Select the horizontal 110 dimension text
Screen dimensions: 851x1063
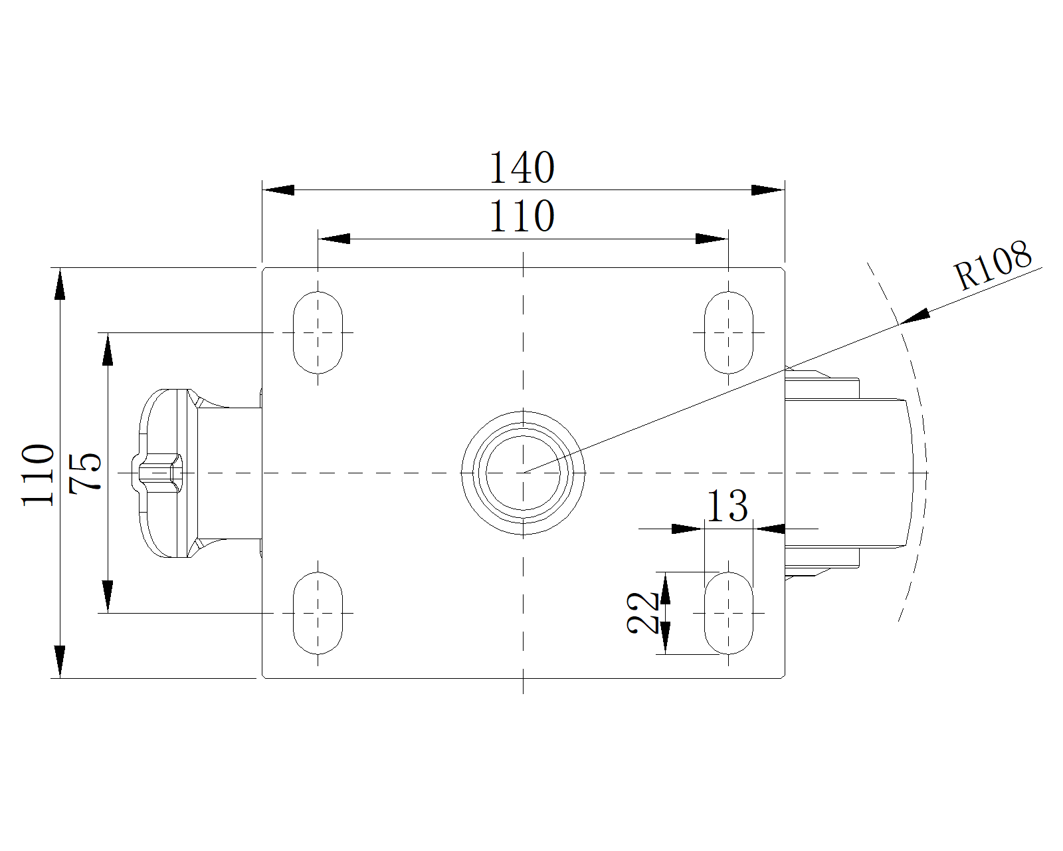coord(522,216)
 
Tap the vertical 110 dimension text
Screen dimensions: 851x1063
coord(38,474)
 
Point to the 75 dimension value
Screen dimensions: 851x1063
coord(86,472)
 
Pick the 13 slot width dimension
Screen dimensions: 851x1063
coord(727,506)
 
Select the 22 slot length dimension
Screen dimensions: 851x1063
coord(642,612)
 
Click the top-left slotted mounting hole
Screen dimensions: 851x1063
coord(318,332)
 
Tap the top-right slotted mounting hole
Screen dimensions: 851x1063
coord(728,332)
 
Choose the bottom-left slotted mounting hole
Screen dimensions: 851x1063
coord(318,612)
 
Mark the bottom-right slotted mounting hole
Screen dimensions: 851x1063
coord(728,612)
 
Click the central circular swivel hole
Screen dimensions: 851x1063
coord(524,473)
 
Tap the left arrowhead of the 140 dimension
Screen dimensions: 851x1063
coord(279,190)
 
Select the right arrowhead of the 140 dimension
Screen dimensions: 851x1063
coord(768,190)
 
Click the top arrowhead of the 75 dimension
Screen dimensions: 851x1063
coord(107,350)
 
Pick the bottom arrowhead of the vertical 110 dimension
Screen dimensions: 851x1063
coord(60,661)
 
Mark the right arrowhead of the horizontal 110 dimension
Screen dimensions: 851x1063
coord(712,239)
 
